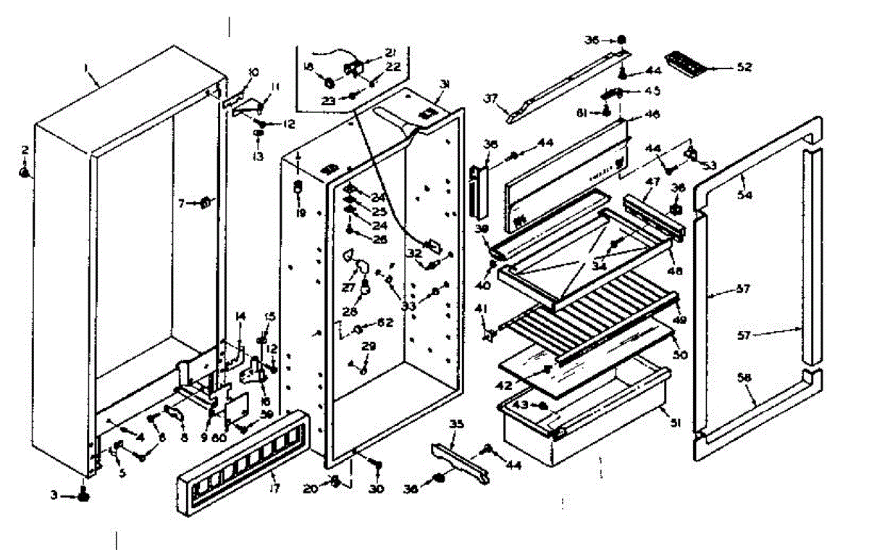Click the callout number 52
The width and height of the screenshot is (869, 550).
[x=744, y=67]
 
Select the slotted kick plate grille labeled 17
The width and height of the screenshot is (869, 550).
[x=240, y=456]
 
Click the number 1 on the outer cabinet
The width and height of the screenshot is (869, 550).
[x=86, y=67]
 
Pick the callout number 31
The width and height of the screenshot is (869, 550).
[x=445, y=86]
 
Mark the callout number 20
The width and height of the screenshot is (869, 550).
[x=311, y=489]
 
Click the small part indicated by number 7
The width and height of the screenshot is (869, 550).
[x=206, y=202]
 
